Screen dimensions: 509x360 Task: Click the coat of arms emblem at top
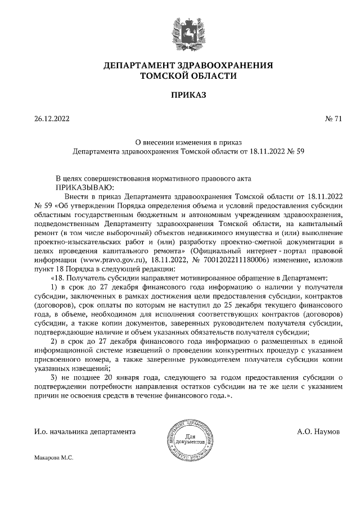point(181,33)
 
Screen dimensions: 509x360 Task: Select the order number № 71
point(333,119)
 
